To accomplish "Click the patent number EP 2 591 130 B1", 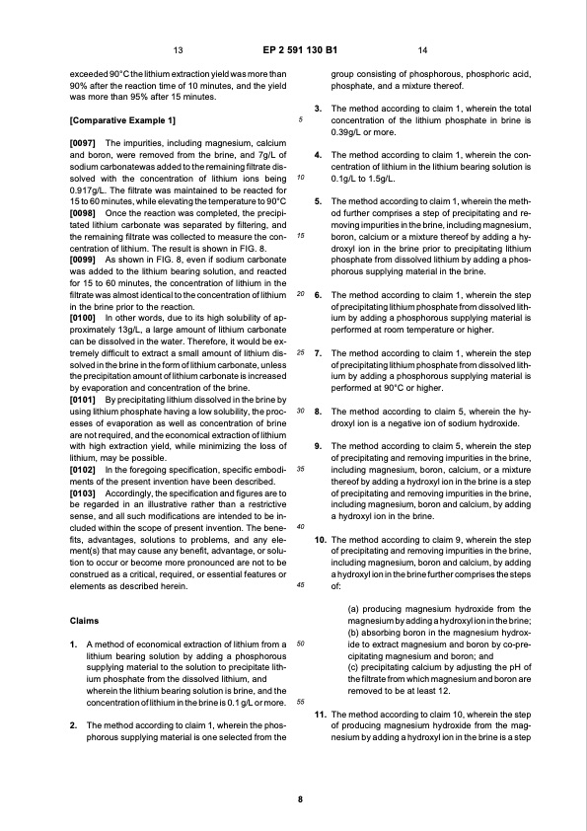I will [293, 49].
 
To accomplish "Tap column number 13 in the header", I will [179, 49].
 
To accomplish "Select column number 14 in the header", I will [422, 49].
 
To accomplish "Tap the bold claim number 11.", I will [321, 713].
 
